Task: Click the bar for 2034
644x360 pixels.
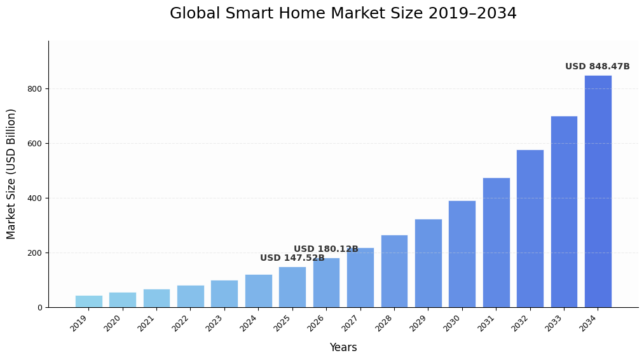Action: point(598,191)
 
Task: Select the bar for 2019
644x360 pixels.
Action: point(88,301)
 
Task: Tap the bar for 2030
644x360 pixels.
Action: point(462,254)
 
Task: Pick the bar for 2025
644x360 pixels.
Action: point(292,287)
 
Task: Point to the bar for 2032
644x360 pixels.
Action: point(530,228)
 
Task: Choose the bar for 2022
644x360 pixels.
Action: point(190,296)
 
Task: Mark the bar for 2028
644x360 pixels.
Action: point(394,271)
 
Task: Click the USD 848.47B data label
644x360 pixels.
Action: point(597,67)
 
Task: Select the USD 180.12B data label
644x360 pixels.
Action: point(325,249)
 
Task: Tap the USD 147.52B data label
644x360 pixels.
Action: point(292,258)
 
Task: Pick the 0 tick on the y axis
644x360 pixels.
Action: point(39,308)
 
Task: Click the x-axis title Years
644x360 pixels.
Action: point(343,348)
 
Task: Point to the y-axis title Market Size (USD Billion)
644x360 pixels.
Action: point(11,174)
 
